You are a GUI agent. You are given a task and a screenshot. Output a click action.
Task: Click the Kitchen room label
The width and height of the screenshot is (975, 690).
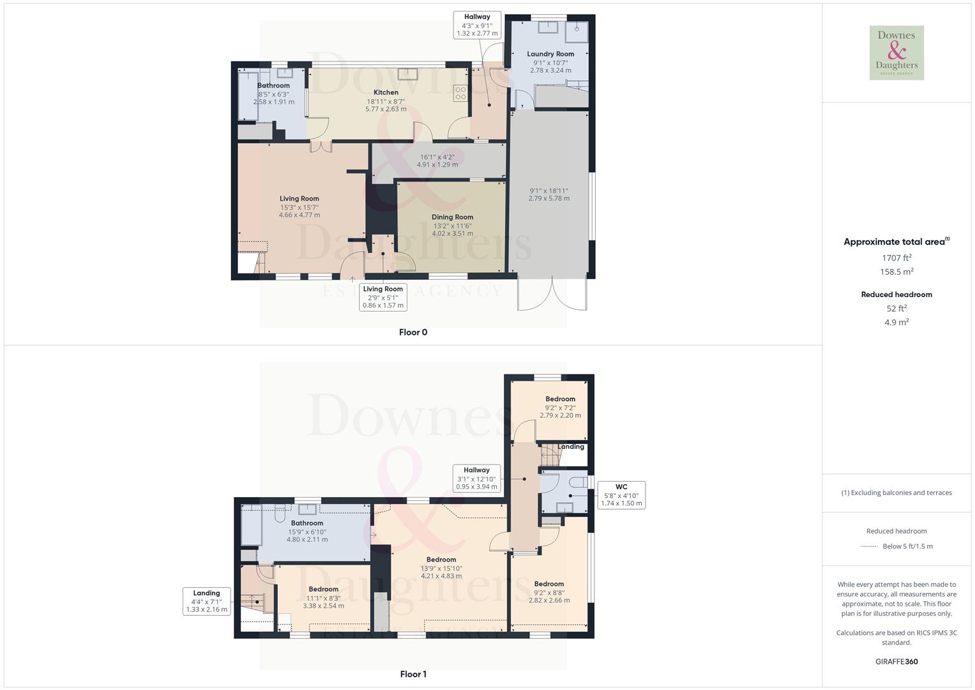tap(386, 93)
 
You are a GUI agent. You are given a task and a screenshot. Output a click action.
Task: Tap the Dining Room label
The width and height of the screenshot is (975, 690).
tap(452, 217)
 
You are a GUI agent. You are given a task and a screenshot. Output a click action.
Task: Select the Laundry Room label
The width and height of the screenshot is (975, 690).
tap(550, 54)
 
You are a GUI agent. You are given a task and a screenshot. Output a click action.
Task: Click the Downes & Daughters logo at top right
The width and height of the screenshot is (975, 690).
tap(896, 53)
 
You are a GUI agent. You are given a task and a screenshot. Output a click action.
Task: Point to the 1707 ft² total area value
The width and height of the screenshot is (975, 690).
tap(896, 258)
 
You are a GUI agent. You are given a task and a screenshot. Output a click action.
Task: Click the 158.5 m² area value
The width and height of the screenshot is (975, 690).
tap(896, 272)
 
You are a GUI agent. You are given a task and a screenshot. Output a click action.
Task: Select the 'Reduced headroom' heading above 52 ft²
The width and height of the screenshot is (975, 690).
tap(896, 295)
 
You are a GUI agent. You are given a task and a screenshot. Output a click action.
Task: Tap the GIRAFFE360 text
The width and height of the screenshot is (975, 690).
tap(896, 662)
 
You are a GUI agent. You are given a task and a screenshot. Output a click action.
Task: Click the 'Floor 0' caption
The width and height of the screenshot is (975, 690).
tap(413, 332)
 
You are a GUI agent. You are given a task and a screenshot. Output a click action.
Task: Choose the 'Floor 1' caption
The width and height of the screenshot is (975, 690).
tap(413, 674)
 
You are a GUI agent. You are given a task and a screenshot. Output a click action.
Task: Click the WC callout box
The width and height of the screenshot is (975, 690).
tap(621, 495)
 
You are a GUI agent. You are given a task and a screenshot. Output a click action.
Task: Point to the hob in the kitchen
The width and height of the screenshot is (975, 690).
tap(460, 93)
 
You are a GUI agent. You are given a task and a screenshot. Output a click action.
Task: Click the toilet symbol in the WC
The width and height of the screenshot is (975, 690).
tap(579, 482)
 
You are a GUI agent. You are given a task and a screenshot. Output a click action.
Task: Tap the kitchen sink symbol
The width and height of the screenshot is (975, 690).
tap(407, 74)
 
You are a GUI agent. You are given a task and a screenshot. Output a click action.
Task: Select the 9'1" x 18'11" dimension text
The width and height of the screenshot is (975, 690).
tap(549, 194)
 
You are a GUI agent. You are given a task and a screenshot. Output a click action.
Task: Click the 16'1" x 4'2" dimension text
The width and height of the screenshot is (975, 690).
tap(437, 160)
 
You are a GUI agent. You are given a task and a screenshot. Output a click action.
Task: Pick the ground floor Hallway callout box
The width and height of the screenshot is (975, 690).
tap(477, 25)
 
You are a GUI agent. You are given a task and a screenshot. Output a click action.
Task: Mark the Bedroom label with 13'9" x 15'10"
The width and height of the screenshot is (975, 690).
tap(441, 560)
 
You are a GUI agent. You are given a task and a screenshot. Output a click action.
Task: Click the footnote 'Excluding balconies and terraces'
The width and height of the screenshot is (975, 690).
tap(896, 493)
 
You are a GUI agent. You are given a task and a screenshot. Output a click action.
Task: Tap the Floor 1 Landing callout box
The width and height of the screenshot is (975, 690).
tap(206, 601)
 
